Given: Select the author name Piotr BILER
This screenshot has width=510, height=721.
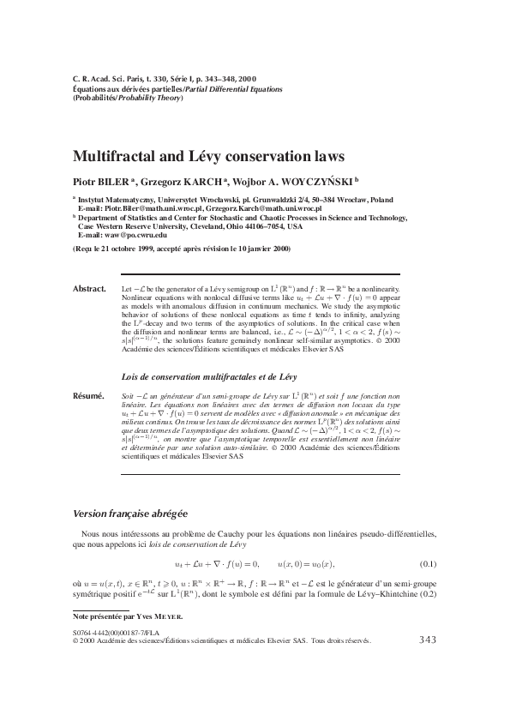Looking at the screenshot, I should click(x=99, y=182).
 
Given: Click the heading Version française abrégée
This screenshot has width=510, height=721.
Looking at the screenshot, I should click(x=129, y=513).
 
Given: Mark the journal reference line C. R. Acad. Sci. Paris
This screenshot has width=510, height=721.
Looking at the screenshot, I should click(x=112, y=77).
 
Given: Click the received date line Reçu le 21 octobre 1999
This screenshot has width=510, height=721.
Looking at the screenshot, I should click(x=135, y=249).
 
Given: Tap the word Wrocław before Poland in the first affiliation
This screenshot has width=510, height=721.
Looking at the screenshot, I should click(x=339, y=197).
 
